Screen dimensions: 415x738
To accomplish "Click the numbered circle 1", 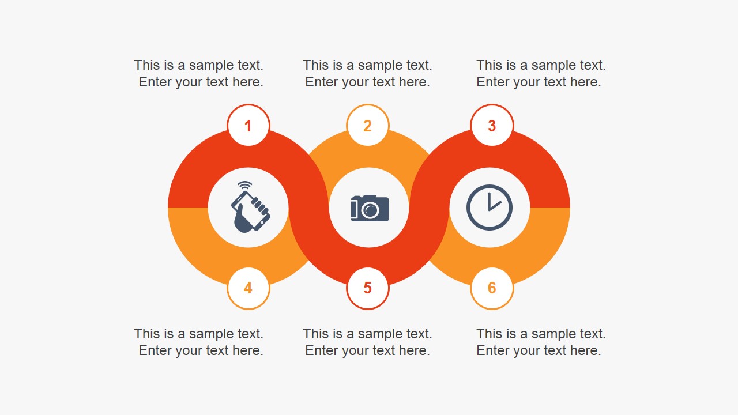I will click(x=248, y=126).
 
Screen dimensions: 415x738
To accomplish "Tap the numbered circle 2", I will click(x=368, y=126).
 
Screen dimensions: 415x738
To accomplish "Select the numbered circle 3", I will click(x=492, y=126).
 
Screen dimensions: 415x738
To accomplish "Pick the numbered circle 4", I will click(x=248, y=288).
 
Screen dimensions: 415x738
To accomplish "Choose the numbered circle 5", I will click(x=368, y=288).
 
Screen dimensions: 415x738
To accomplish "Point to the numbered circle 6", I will click(x=492, y=288).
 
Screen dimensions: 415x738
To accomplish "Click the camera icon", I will click(x=370, y=208).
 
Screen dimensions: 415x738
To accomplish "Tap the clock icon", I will click(x=490, y=207).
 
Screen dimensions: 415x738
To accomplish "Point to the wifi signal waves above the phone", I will click(x=245, y=186).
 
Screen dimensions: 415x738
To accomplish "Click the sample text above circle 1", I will click(x=199, y=74).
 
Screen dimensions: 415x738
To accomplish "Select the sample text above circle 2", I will click(x=367, y=74).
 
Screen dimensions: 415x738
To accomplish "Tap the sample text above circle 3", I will click(x=540, y=74).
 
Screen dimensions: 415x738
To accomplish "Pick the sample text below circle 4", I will click(x=199, y=342).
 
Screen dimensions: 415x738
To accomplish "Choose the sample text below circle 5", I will click(x=367, y=342).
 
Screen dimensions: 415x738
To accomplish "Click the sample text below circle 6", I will click(x=540, y=342).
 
